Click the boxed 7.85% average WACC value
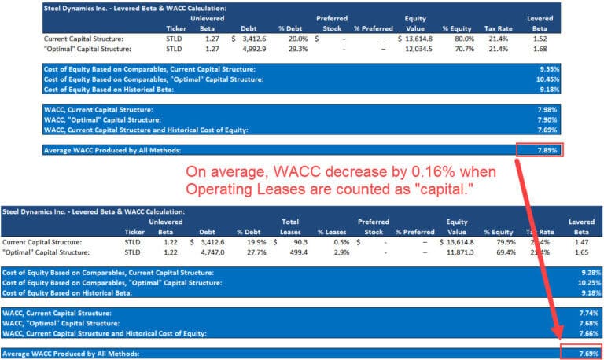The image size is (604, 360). point(540,150)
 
